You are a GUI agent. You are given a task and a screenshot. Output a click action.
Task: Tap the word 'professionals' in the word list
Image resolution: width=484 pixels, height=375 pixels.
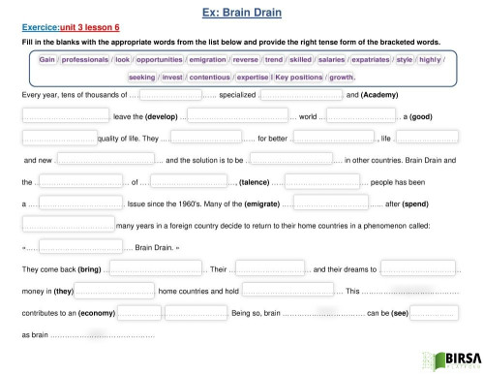coord(85,60)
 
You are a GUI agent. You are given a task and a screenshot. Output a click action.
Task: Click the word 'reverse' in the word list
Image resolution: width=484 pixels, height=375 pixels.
coord(254,60)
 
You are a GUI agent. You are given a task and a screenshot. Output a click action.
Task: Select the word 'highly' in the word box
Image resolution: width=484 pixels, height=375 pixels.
coord(432,60)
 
